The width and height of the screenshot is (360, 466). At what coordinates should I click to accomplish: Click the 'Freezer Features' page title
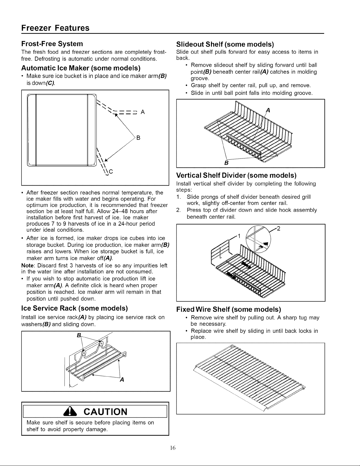(55, 28)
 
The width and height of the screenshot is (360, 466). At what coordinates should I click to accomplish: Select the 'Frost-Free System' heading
(52, 44)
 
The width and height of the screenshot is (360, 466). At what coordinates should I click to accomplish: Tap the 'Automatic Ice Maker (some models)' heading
(81, 68)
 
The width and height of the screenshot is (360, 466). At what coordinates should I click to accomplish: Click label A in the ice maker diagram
(143, 112)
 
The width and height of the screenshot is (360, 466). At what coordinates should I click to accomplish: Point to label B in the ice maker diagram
(138, 138)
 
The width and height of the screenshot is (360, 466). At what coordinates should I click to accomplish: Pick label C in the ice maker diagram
(111, 172)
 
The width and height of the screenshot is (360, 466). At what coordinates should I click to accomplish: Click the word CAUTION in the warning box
(106, 412)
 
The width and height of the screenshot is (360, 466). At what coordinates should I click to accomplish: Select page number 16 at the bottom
(173, 448)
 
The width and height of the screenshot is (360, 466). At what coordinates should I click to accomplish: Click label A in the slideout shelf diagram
(268, 111)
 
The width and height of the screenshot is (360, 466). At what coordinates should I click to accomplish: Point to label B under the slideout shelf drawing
(226, 163)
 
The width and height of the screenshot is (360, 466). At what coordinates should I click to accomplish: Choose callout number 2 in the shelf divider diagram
(279, 229)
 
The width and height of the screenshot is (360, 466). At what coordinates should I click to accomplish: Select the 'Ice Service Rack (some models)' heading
(75, 308)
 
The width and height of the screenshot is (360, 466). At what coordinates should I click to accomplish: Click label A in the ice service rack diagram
(122, 380)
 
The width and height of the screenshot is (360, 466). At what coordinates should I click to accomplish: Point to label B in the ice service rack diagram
(79, 335)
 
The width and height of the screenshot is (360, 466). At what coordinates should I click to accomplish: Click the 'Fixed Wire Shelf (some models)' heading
(229, 309)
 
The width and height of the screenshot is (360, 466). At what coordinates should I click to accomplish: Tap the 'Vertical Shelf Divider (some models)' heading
(236, 176)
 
